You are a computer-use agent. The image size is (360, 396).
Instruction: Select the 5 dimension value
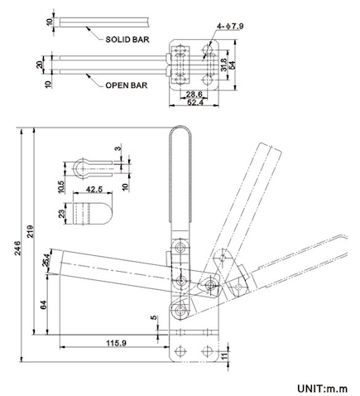[x=153, y=316]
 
